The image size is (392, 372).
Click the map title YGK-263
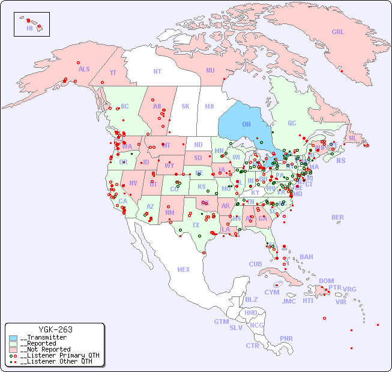coord(55,329)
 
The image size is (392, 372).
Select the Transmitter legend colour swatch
coord(13,337)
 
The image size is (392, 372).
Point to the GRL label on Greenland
coord(338,32)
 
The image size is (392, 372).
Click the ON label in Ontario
coord(246,124)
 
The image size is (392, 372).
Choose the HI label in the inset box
coord(29,28)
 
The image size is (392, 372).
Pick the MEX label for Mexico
coord(184,269)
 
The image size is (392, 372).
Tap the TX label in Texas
coord(196,225)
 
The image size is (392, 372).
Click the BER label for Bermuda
coord(338,217)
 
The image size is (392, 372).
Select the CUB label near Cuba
coord(256,264)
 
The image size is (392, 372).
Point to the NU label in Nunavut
coord(210,70)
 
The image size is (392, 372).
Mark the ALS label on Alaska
coord(84,69)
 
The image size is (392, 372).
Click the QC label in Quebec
coord(292,124)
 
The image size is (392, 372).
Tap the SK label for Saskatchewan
coord(185,106)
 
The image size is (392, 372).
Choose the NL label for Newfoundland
coord(352,138)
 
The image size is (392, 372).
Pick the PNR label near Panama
coord(286,338)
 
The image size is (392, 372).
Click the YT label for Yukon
coord(113,73)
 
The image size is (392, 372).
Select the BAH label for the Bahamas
coord(306,257)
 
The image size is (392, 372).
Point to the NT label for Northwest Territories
coord(157,71)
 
